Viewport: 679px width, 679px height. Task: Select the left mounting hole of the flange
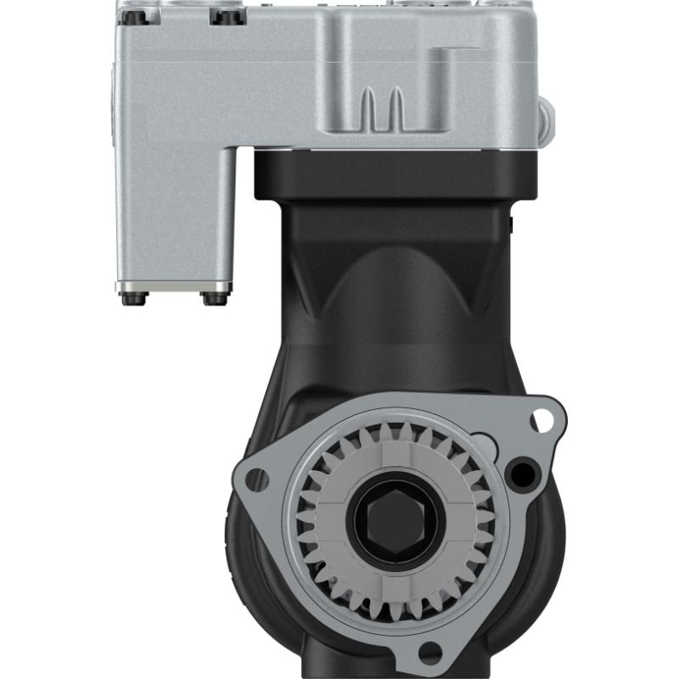pyautogui.click(x=255, y=480)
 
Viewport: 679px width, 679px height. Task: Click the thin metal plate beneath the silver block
pyautogui.click(x=175, y=286)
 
